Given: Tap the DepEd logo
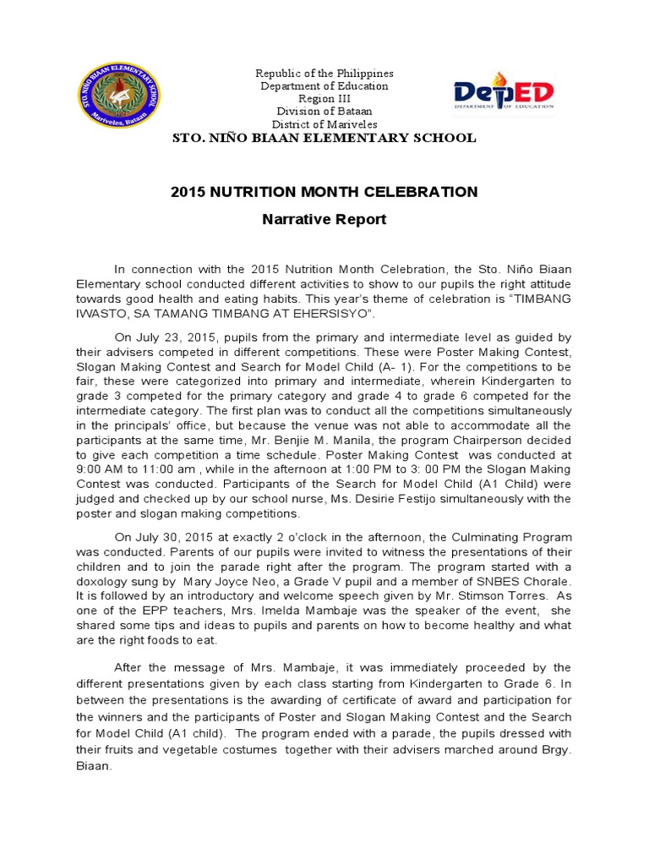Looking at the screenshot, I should pyautogui.click(x=504, y=94).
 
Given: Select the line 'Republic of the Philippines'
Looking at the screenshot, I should pyautogui.click(x=324, y=74).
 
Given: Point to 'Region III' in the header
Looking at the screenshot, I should pyautogui.click(x=324, y=99).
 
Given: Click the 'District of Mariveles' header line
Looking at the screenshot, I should pyautogui.click(x=324, y=124).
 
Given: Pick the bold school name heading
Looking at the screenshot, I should pyautogui.click(x=324, y=138).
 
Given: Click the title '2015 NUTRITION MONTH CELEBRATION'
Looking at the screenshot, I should pyautogui.click(x=324, y=192).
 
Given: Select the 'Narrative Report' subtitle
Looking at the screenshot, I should pyautogui.click(x=324, y=220).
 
